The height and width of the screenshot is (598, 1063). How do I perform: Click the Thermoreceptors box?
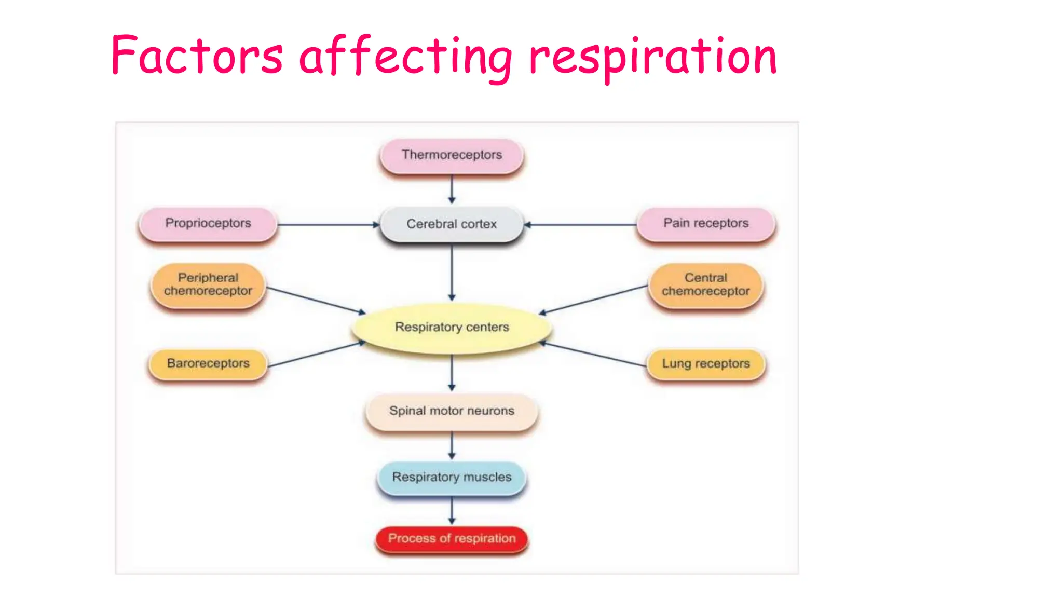(x=452, y=155)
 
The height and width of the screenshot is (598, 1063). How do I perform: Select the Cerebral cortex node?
(x=452, y=224)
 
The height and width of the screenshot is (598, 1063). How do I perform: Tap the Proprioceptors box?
(x=208, y=224)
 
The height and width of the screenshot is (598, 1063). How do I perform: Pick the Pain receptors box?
(x=706, y=224)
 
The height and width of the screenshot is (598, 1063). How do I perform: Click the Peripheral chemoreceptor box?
(x=208, y=284)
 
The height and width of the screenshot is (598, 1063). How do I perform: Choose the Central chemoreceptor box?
(x=706, y=284)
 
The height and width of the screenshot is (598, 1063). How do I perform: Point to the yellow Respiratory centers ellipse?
(x=452, y=328)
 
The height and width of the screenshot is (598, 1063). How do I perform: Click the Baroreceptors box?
(x=208, y=363)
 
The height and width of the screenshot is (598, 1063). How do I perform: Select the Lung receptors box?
(x=706, y=363)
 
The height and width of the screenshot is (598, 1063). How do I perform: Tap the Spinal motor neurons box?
(x=452, y=411)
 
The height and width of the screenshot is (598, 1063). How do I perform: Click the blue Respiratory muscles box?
(x=452, y=477)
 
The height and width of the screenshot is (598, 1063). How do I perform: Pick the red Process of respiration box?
(x=452, y=539)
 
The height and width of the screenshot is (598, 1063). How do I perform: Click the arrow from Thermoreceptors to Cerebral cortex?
(x=452, y=189)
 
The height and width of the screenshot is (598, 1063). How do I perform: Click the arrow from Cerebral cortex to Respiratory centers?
(x=452, y=273)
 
